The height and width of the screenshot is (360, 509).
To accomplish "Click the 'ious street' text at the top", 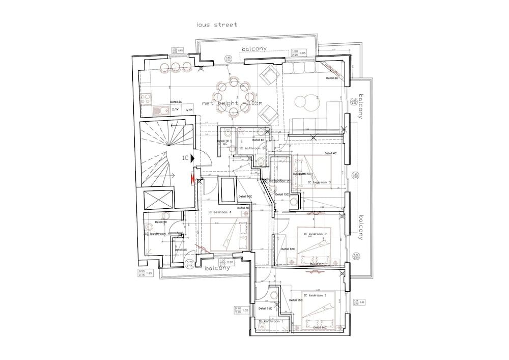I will pyautogui.click(x=217, y=24).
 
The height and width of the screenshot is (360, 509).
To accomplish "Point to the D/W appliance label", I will pyautogui.click(x=176, y=109).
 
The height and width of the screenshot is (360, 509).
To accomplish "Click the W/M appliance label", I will pyautogui.click(x=189, y=109).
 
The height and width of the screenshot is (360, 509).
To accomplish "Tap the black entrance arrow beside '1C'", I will pyautogui.click(x=194, y=159).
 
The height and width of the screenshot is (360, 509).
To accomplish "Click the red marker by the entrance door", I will pyautogui.click(x=192, y=178).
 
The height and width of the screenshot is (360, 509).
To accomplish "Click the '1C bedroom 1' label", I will pyautogui.click(x=314, y=295).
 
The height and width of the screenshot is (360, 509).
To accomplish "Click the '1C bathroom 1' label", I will pyautogui.click(x=270, y=321).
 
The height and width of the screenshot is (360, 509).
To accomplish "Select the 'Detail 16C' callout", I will pyautogui.click(x=265, y=309).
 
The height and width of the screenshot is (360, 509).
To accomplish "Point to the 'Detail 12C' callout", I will pyautogui.click(x=288, y=249).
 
